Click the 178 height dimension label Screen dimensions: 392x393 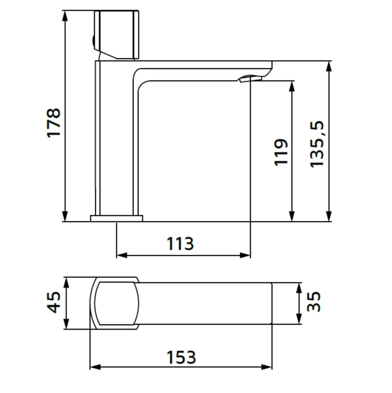[54, 123]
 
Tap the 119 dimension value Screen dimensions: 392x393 [281, 153]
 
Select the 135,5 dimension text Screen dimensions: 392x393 [317, 144]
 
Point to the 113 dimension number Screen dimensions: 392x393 [180, 244]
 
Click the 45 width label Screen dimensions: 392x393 [54, 302]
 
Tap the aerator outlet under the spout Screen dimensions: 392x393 [250, 79]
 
